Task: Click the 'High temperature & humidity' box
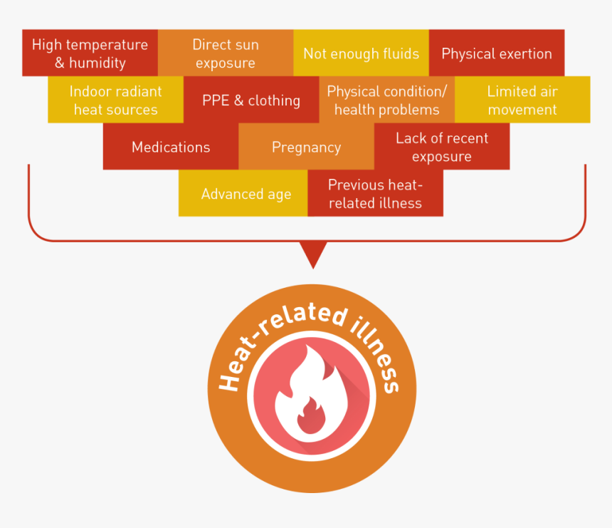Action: coord(90,53)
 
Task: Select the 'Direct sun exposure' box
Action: coord(225,53)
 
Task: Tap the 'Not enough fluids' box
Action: coord(361,53)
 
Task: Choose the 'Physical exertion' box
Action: coord(496,53)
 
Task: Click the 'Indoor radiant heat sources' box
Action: coord(115,100)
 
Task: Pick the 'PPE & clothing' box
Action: coord(250,100)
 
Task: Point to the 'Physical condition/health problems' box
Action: coord(386,100)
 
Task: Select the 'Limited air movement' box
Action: coord(522,100)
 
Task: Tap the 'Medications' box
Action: coord(171,147)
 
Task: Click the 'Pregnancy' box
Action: coord(306,147)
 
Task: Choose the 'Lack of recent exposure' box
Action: coord(441,147)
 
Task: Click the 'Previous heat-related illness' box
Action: coord(375,194)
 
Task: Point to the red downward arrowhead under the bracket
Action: coord(312,252)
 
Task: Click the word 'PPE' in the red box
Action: coord(216,100)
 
